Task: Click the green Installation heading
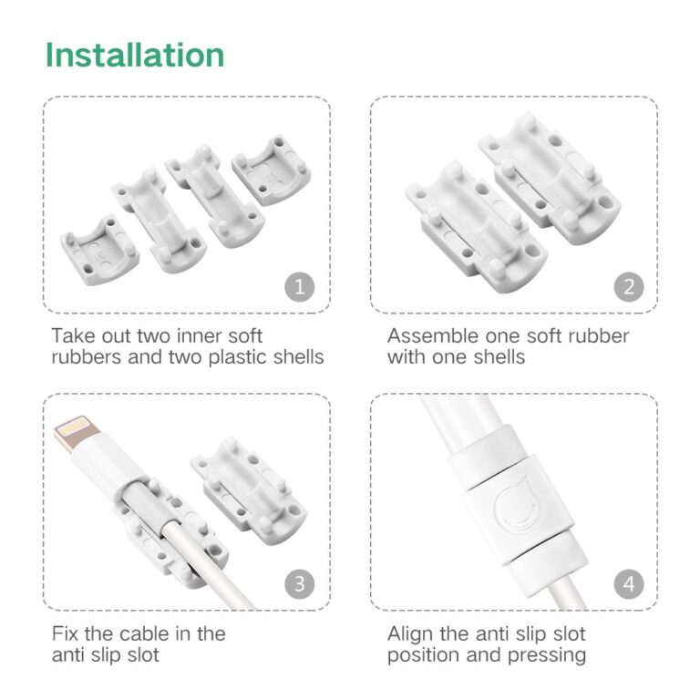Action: pos(135,56)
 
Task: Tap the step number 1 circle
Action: pos(300,288)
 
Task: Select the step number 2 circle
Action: pos(628,288)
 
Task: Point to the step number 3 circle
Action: pos(300,584)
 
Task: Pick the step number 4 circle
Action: pos(628,584)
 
